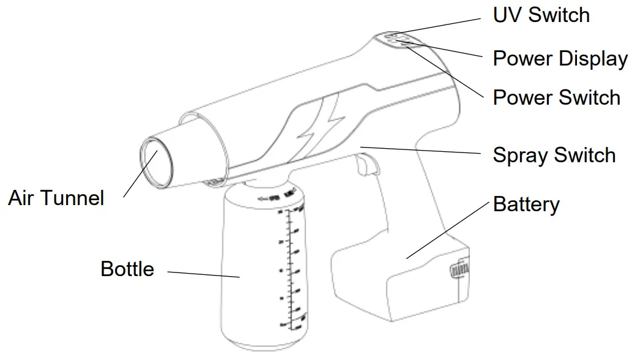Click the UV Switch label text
tap(541, 15)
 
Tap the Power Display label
tap(560, 59)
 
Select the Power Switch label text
tap(556, 97)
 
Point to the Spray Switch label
tap(554, 155)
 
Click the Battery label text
tap(526, 204)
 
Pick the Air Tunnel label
tap(56, 198)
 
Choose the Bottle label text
tap(127, 268)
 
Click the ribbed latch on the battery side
tap(460, 269)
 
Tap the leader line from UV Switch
tap(441, 27)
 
